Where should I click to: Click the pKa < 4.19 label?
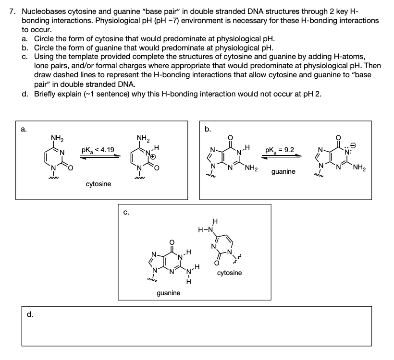click(x=98, y=151)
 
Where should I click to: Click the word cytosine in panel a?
click(x=98, y=184)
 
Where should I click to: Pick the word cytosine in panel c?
click(x=229, y=273)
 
